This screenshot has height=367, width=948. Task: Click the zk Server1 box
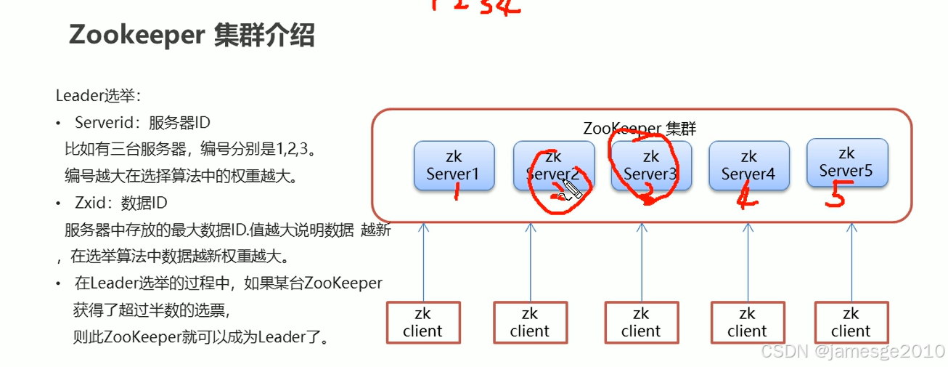coord(454,166)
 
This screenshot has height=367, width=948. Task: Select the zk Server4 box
coord(748,166)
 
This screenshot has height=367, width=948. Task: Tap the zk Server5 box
coord(846,162)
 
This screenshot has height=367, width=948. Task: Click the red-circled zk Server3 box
coord(650,166)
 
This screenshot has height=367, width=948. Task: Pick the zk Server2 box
coord(552,166)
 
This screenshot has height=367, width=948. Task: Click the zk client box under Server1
coord(422,323)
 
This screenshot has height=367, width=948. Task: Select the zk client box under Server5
coord(851,323)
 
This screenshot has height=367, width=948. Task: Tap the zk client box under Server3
coord(641,323)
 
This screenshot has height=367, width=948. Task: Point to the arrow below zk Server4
coord(748,262)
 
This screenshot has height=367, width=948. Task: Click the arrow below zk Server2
coord(531,262)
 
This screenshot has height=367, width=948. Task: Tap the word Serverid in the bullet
coord(103,122)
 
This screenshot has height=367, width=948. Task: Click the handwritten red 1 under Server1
coord(456,193)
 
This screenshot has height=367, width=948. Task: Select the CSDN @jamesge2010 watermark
coord(851,352)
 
